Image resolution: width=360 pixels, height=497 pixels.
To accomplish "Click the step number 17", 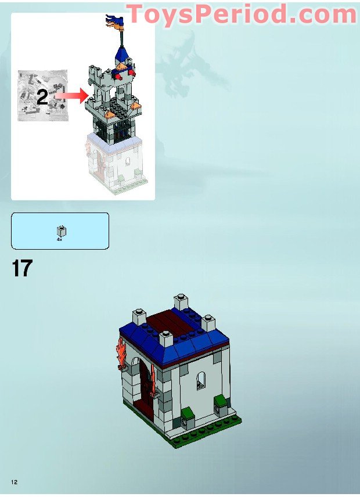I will tap(22, 269).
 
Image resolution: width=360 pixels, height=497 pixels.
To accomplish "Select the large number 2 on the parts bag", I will tap(42, 98).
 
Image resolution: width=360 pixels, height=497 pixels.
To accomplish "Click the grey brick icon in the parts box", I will tap(61, 231).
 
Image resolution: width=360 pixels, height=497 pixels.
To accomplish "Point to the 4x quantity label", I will tap(59, 239).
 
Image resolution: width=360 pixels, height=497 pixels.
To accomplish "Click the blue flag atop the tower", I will tap(114, 23).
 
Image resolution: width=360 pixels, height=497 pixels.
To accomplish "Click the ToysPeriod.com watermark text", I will tap(242, 14).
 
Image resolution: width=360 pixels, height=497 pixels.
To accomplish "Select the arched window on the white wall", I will tap(201, 380).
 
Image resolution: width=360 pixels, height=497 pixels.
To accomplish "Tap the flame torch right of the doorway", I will tap(154, 380).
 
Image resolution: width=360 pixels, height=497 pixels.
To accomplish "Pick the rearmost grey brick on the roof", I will tap(180, 302).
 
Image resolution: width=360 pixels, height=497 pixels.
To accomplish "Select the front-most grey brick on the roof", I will tap(167, 338).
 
